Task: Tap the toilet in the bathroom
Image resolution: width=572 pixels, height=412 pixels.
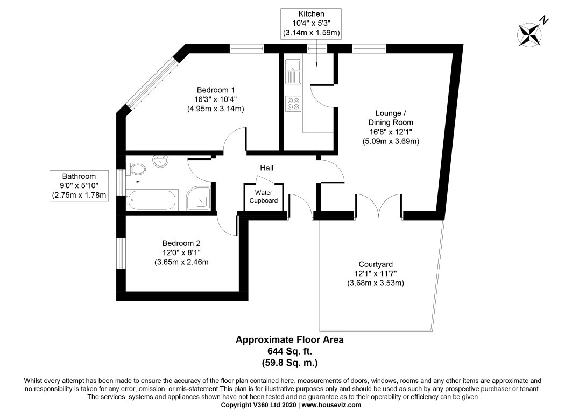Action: (137, 169)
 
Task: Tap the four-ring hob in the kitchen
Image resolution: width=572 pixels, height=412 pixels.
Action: (294, 103)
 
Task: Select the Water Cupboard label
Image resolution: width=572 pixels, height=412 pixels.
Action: (266, 197)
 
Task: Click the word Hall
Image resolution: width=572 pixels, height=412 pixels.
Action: (266, 168)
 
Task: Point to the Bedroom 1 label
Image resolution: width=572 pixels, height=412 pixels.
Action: (216, 90)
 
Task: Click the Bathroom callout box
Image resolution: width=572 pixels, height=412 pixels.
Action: (79, 186)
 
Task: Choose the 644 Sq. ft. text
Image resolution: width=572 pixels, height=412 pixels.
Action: (289, 351)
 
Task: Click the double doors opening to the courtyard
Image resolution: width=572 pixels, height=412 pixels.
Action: (379, 206)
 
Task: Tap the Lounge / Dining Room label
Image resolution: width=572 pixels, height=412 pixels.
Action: (391, 127)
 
